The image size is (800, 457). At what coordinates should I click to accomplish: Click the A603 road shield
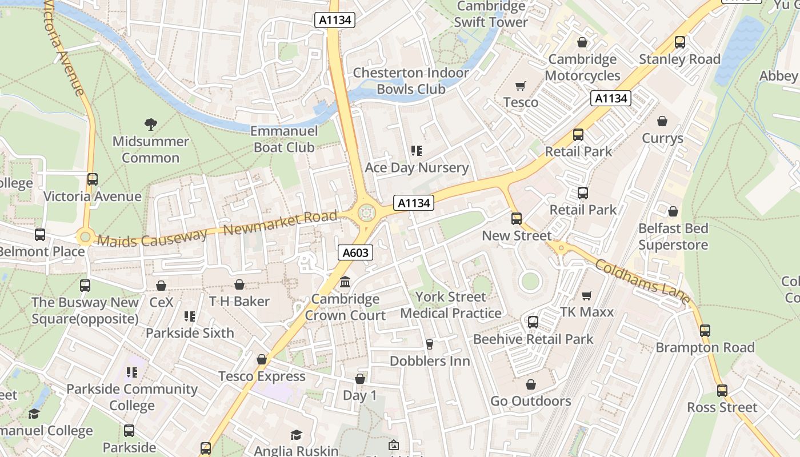355,252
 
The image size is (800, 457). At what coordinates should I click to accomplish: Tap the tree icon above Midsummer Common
151,124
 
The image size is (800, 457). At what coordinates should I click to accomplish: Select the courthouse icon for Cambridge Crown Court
345,282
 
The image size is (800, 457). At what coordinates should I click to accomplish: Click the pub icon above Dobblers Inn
430,344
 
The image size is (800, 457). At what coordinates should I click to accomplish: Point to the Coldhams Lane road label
642,282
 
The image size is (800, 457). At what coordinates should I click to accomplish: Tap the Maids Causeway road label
152,236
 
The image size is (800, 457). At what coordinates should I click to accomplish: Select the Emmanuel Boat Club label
284,139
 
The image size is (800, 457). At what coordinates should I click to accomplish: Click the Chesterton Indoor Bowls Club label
410,81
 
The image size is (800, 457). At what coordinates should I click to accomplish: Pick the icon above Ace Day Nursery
417,151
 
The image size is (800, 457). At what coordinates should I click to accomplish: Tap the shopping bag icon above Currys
662,121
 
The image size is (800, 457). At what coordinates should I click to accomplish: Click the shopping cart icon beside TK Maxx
586,295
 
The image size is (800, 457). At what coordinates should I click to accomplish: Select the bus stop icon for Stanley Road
679,42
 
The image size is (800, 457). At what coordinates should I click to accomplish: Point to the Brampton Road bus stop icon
705,330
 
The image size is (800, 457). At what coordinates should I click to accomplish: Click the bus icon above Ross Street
722,391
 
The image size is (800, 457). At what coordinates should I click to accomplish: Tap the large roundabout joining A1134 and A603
366,214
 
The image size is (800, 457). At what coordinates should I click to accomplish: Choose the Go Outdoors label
530,401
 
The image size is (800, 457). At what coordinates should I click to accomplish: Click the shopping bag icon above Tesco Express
262,359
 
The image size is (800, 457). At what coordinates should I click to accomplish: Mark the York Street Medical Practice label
451,305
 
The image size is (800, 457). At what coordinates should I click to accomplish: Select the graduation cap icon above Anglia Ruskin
295,435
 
